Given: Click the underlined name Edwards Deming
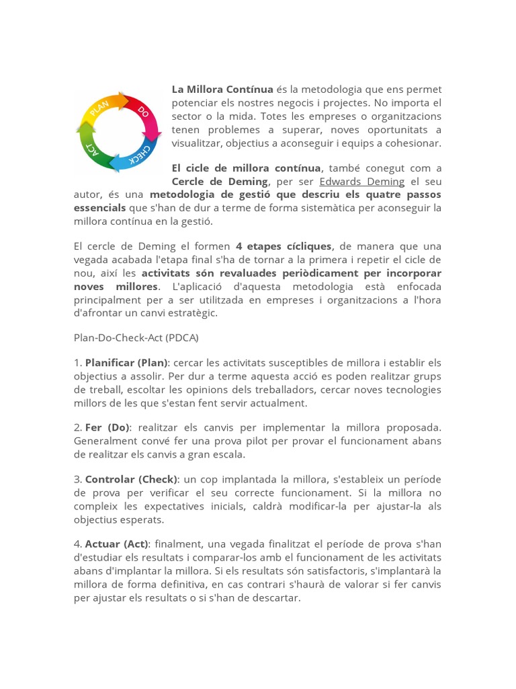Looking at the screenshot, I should [361, 182].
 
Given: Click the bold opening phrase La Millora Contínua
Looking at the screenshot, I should [222, 89].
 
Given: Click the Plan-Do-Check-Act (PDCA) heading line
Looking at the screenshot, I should [136, 337].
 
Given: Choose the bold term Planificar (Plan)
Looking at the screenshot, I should [128, 363].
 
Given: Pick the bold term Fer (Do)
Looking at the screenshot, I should [107, 428].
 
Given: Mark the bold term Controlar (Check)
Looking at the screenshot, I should [131, 479].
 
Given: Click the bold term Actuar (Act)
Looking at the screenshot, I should [118, 544].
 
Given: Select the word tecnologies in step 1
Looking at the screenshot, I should [408, 390].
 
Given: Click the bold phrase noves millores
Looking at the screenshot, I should [116, 287].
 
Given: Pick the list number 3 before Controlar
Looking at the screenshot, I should [77, 479].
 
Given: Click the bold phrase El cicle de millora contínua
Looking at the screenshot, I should [246, 168].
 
